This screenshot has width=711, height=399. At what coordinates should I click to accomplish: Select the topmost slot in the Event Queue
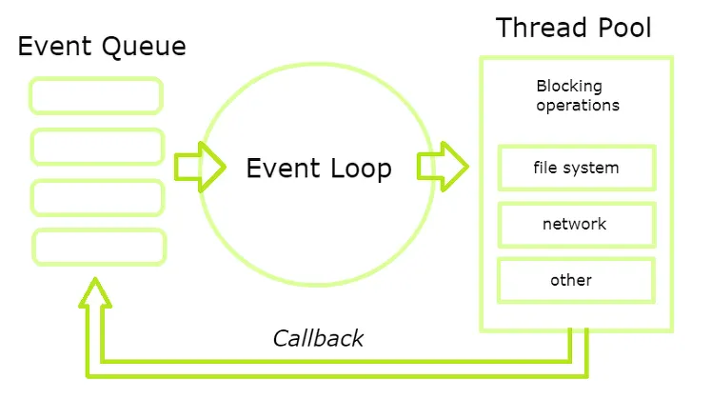click(96, 96)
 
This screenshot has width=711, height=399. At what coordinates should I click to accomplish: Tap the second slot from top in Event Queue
click(98, 147)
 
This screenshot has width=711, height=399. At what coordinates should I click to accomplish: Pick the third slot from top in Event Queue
click(98, 197)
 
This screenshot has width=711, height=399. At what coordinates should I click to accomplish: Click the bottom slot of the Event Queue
click(100, 247)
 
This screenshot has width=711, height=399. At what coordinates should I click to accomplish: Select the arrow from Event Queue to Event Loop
click(199, 168)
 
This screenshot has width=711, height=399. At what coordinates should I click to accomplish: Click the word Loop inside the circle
click(357, 169)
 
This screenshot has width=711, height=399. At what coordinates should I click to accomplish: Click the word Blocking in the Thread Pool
click(568, 87)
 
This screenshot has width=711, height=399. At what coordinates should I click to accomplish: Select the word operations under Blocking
click(578, 106)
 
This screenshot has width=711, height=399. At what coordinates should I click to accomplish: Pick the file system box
click(576, 169)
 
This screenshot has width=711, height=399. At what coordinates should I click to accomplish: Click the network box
click(576, 225)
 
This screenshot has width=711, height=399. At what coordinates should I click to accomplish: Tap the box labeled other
click(576, 280)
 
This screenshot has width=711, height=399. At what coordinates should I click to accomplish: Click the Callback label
click(318, 338)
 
